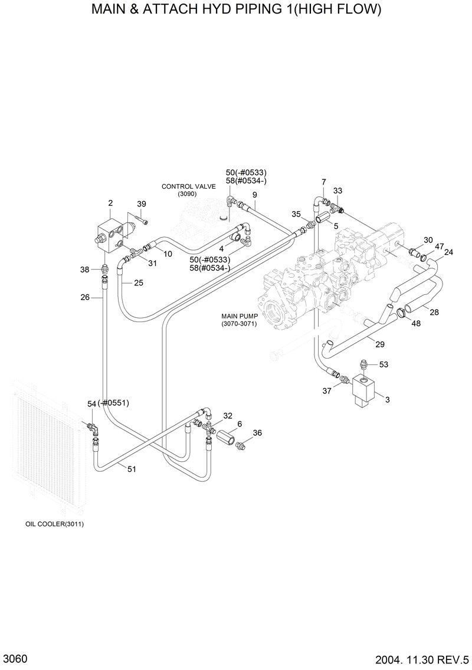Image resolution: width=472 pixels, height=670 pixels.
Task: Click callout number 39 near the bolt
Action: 142,204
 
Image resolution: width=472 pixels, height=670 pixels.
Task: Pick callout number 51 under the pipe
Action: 132,469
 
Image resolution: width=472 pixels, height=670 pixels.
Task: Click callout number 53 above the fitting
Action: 383,364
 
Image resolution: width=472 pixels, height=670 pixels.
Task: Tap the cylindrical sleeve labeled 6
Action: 227,439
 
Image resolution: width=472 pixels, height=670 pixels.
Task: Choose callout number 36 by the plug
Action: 257,432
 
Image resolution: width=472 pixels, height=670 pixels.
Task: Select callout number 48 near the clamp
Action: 416,323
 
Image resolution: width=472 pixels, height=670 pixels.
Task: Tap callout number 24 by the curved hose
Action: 449,252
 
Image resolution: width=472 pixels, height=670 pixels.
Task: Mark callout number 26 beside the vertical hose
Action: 85,297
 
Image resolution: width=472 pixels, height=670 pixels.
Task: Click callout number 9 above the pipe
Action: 255,195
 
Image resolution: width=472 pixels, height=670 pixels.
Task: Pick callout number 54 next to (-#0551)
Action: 91,403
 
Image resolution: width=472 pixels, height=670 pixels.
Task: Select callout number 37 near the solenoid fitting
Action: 326,390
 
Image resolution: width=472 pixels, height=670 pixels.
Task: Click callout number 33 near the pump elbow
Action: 337,191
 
